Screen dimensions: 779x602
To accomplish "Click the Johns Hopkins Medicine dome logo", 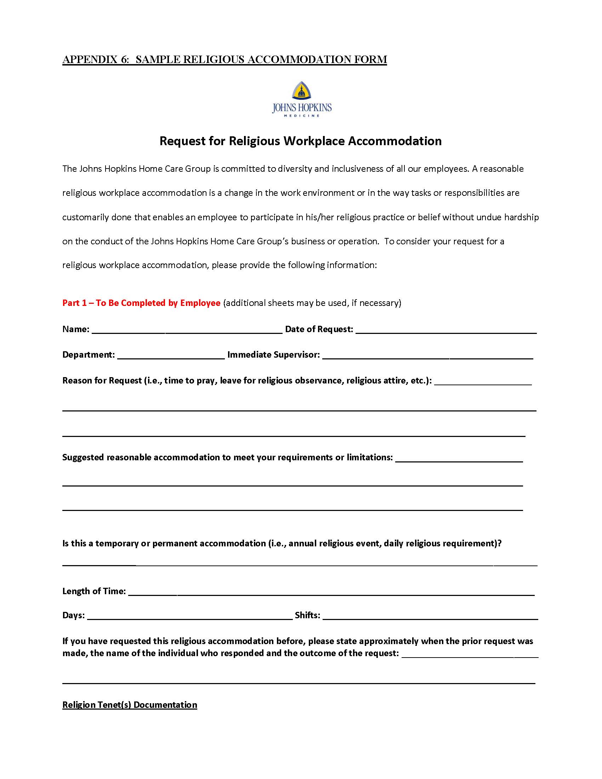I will coord(301,91).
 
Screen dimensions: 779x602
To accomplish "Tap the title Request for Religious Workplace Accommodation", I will coord(300,141).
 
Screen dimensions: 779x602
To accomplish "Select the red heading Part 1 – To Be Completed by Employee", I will coord(141,303).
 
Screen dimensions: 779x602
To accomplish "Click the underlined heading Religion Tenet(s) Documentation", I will coord(130,705).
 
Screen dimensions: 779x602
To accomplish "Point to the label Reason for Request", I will coord(102,381).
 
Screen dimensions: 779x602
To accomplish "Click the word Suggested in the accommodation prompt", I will coord(83,457).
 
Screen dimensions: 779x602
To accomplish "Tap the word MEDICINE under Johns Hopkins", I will coord(301,115).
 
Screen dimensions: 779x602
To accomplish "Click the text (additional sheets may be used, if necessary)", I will coord(312,303).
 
